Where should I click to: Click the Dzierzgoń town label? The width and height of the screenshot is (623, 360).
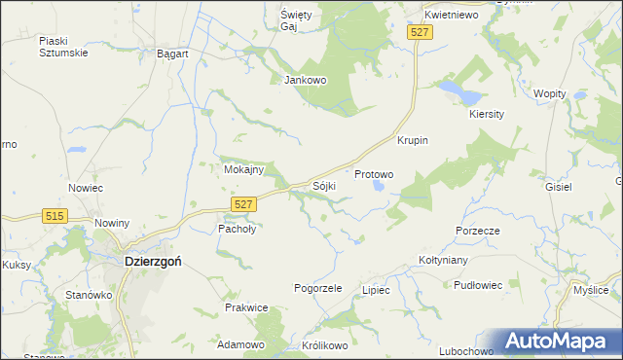(152, 261)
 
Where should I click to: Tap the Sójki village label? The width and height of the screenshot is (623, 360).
(324, 185)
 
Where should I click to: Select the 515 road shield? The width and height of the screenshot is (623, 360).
(55, 216)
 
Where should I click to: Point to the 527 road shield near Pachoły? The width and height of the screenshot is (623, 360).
(244, 202)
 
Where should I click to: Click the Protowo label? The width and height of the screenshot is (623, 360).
(374, 174)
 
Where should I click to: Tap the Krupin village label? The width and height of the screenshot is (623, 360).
(413, 140)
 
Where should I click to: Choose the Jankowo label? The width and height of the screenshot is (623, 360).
(304, 80)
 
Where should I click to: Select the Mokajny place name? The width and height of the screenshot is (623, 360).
(243, 168)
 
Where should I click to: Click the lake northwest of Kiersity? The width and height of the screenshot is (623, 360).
(458, 92)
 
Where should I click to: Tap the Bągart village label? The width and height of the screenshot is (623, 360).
(172, 54)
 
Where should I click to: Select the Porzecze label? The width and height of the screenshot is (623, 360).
(477, 231)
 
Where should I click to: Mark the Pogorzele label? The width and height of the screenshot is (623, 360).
(318, 288)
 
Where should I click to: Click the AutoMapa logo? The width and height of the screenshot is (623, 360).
(559, 342)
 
